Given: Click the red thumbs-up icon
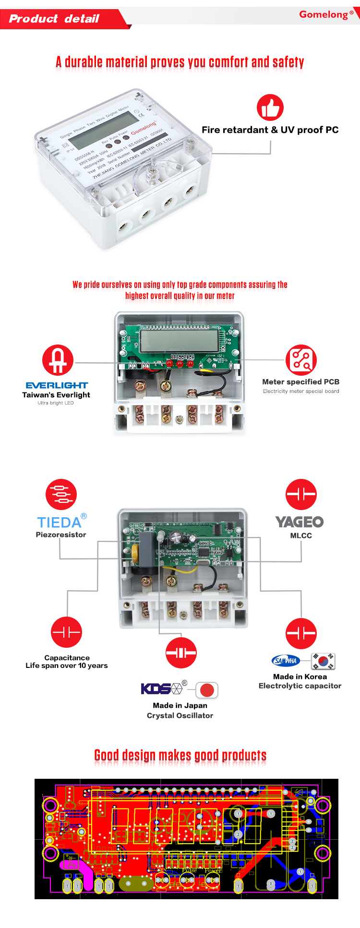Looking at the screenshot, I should point(270,107).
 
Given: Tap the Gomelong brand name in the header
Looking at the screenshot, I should point(324,14).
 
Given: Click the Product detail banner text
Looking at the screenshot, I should point(54,19).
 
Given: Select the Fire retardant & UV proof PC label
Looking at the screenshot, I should point(270,130).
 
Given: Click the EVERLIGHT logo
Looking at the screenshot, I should point(57,385).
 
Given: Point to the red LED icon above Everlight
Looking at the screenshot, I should point(58,360).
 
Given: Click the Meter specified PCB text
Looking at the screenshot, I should point(300,382).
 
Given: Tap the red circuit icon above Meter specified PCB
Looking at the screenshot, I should point(301,360).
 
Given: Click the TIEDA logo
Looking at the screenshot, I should point(60,522).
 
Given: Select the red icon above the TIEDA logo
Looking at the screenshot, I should point(61,494).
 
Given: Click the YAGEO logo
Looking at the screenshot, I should point(300,522).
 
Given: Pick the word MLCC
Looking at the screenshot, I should point(301,535).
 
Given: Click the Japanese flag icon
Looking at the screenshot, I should point(207,690).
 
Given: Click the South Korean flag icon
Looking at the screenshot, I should point(323,661).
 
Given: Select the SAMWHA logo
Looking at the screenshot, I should point(286,661).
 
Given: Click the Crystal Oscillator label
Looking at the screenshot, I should point(180,715).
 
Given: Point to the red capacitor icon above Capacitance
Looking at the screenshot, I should point(67,632).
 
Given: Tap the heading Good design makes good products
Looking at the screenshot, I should point(180,755).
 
